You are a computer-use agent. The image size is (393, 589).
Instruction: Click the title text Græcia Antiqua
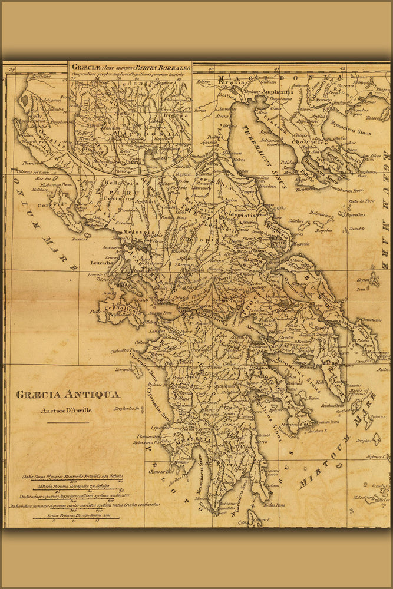(x=67, y=395)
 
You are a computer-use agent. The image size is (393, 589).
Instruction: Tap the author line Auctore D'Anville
(x=66, y=411)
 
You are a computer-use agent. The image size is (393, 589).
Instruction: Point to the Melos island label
(x=359, y=497)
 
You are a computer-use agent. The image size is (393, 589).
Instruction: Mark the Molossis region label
(x=134, y=233)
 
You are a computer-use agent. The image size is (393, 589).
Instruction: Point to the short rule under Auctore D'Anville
(x=68, y=422)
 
